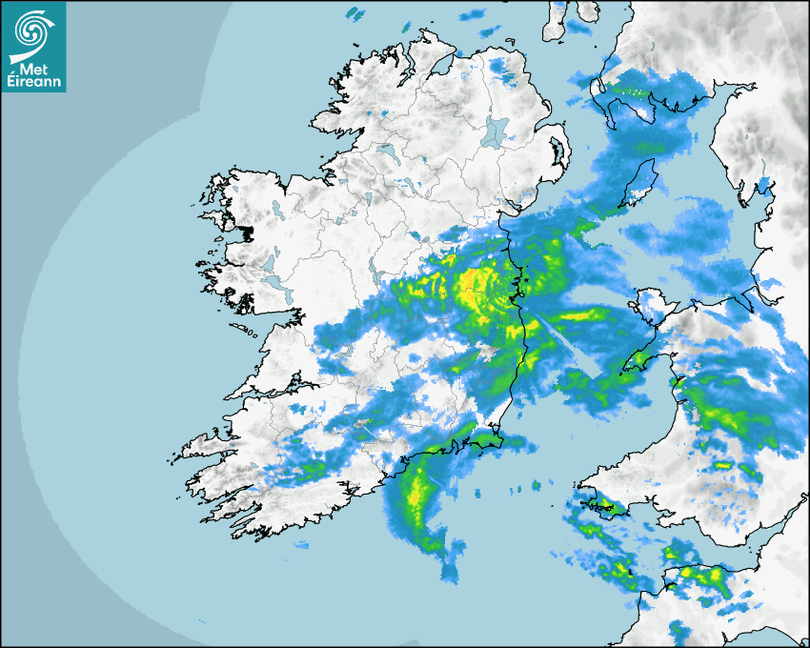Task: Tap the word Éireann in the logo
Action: coord(35,83)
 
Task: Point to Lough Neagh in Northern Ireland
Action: coord(495,131)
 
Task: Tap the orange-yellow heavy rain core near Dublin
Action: coord(474,289)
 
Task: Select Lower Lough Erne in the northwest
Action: coord(385,151)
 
